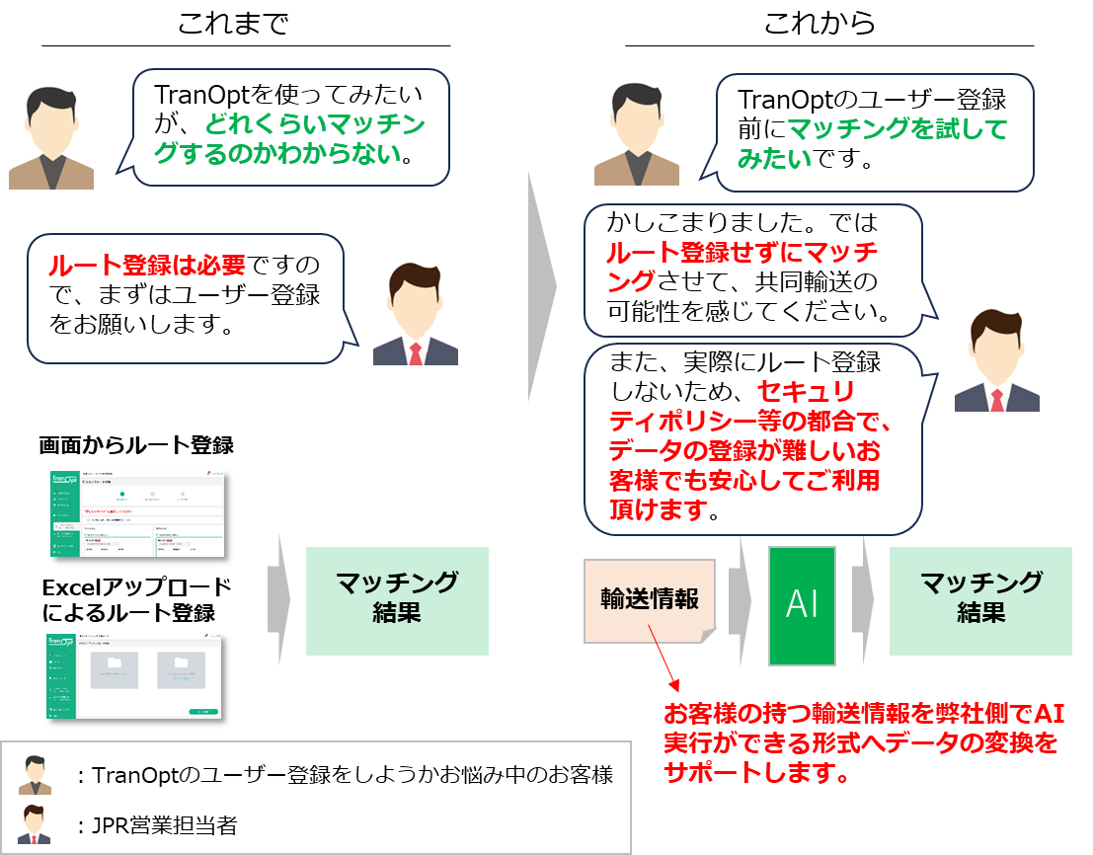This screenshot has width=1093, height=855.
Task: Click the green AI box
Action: click(802, 605)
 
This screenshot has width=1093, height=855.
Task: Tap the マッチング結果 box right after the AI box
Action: click(979, 599)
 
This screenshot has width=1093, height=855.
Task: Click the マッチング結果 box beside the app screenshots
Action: click(397, 599)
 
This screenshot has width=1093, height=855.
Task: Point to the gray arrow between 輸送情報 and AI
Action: click(740, 599)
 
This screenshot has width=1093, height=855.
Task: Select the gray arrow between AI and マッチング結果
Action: click(863, 599)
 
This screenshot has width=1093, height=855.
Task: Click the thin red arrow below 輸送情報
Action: click(664, 665)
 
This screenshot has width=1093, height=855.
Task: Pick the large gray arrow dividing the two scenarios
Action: click(541, 286)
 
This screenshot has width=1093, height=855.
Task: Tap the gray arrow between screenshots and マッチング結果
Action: click(278, 599)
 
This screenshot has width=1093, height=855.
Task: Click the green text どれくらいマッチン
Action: click(315, 125)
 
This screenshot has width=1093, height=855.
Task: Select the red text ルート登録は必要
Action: click(147, 266)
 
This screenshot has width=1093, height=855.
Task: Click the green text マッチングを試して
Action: click(897, 129)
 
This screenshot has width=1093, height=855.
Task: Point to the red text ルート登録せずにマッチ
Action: click(742, 253)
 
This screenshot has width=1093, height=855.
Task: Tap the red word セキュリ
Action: click(805, 391)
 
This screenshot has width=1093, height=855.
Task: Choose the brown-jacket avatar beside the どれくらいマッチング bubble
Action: click(51, 135)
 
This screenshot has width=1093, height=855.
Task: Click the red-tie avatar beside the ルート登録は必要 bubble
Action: click(415, 311)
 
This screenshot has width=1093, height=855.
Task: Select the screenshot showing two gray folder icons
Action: click(134, 675)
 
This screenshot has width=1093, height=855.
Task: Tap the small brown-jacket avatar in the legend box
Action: click(35, 774)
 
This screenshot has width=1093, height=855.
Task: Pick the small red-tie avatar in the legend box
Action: click(35, 822)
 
